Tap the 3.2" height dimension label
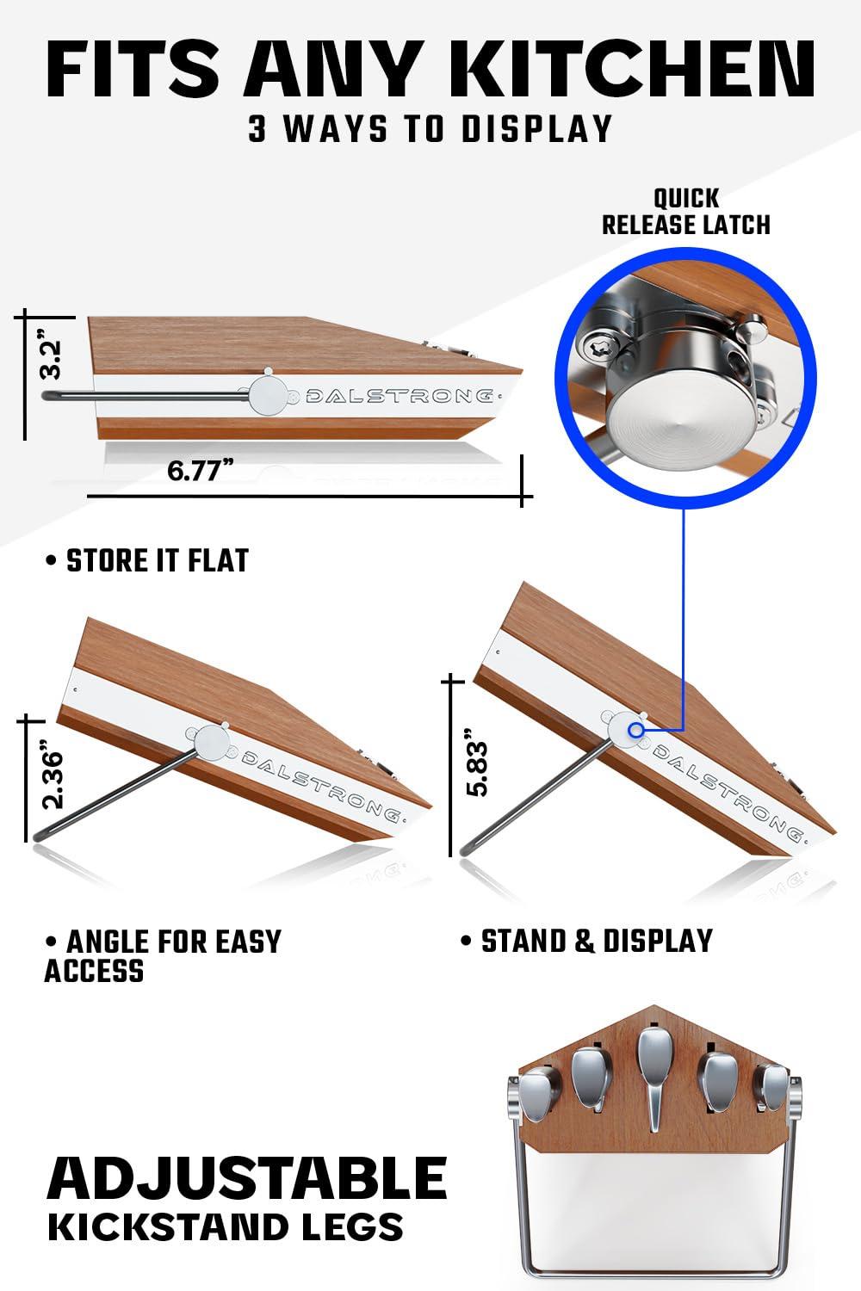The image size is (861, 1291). [x=52, y=355]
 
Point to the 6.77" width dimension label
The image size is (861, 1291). [x=201, y=470]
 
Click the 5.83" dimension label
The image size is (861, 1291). [x=477, y=763]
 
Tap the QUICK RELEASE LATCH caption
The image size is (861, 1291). [x=686, y=212]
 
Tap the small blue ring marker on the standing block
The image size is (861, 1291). [x=636, y=730]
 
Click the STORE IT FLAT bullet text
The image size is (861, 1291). [x=147, y=561]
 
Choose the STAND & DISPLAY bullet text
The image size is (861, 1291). [x=588, y=942]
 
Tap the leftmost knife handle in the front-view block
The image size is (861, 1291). [x=538, y=1093]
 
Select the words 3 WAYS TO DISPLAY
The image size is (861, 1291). [x=430, y=129]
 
